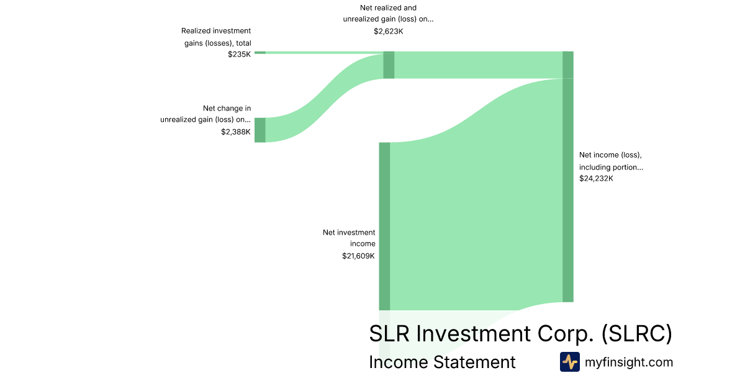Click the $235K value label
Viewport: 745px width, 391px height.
point(239,55)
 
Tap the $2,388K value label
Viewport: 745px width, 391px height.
point(236,132)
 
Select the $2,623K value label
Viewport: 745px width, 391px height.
point(389,32)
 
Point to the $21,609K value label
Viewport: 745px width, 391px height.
point(358,256)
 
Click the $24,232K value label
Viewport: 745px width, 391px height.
point(596,179)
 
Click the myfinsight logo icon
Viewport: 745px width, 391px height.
point(570,362)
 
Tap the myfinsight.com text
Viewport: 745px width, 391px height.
point(629,362)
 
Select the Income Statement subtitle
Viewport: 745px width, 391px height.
point(442,362)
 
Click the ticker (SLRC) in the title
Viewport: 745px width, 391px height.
point(636,333)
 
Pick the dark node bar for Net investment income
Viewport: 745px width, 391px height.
point(384,227)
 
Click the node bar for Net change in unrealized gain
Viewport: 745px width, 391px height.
point(260,130)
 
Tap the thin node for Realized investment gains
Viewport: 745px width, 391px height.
point(260,53)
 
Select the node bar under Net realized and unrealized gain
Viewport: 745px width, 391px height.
point(389,65)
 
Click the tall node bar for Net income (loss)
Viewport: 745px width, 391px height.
point(568,176)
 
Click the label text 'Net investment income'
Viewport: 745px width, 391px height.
point(349,238)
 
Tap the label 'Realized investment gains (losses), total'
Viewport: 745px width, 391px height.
point(216,37)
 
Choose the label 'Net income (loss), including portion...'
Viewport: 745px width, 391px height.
point(611,161)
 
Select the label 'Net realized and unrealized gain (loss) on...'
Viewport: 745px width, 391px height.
point(389,13)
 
